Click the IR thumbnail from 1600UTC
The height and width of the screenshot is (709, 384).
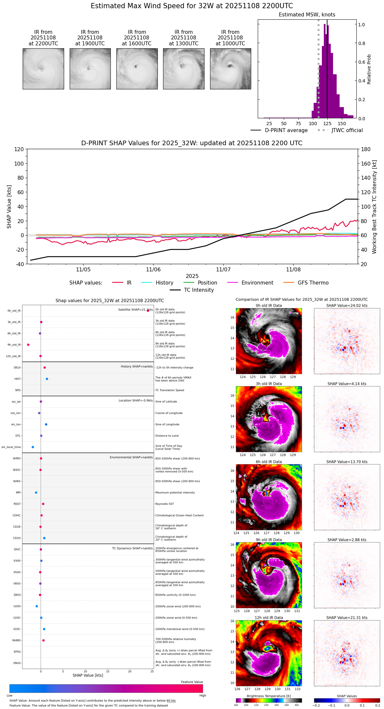pos(137,69)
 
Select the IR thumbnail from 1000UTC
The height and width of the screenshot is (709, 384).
pos(230,69)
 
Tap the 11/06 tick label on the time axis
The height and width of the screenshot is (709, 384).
pos(153,270)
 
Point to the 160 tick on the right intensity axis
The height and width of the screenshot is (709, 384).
pos(366,164)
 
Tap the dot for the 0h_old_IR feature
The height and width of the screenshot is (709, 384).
pos(148,310)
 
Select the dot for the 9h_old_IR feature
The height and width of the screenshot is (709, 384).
pos(28,345)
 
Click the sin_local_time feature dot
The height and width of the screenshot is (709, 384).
pos(33,447)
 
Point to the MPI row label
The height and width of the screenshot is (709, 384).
pos(18,492)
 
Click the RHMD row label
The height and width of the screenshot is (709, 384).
pos(16,640)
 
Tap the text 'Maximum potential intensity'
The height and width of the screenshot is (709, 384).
pos(175,492)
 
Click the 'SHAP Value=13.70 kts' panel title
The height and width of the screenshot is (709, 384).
pos(347,462)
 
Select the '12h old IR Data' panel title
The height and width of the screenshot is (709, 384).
pos(269,618)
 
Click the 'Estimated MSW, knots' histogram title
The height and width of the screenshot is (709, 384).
pos(307,15)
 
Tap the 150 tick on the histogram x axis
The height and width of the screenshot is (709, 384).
pos(342,124)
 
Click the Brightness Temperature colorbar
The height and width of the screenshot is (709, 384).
pos(269,700)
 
